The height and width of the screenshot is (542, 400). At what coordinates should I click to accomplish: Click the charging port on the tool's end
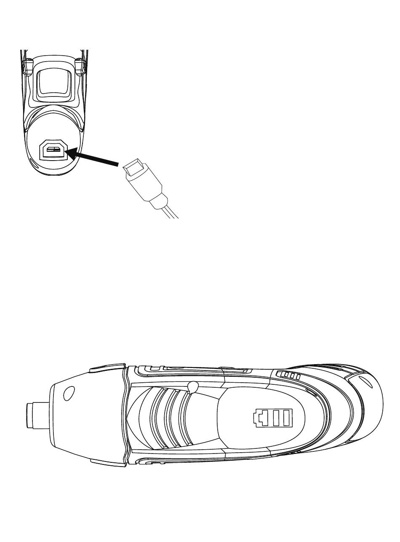click(x=53, y=150)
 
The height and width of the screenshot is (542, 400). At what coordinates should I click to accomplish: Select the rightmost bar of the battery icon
click(x=288, y=418)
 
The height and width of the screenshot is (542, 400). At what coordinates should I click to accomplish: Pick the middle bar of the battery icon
click(x=277, y=418)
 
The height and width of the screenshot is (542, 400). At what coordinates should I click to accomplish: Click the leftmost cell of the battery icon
click(x=259, y=418)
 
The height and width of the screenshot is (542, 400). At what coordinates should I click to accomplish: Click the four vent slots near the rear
click(x=289, y=375)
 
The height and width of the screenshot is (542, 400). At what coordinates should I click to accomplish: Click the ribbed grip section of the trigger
click(x=166, y=417)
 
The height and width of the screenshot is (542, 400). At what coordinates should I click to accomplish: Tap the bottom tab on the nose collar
click(x=108, y=462)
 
